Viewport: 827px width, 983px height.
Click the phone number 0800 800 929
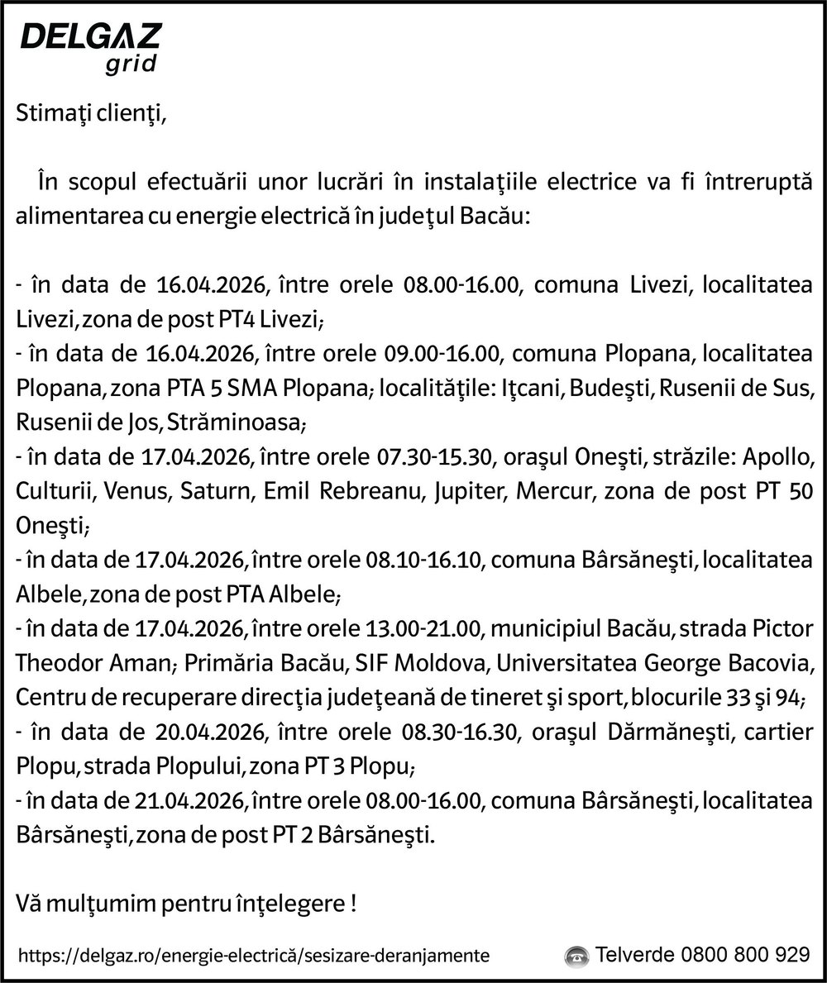pyautogui.click(x=745, y=955)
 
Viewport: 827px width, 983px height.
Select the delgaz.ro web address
pyautogui.click(x=253, y=956)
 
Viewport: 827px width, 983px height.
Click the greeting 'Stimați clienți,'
pyautogui.click(x=91, y=115)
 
